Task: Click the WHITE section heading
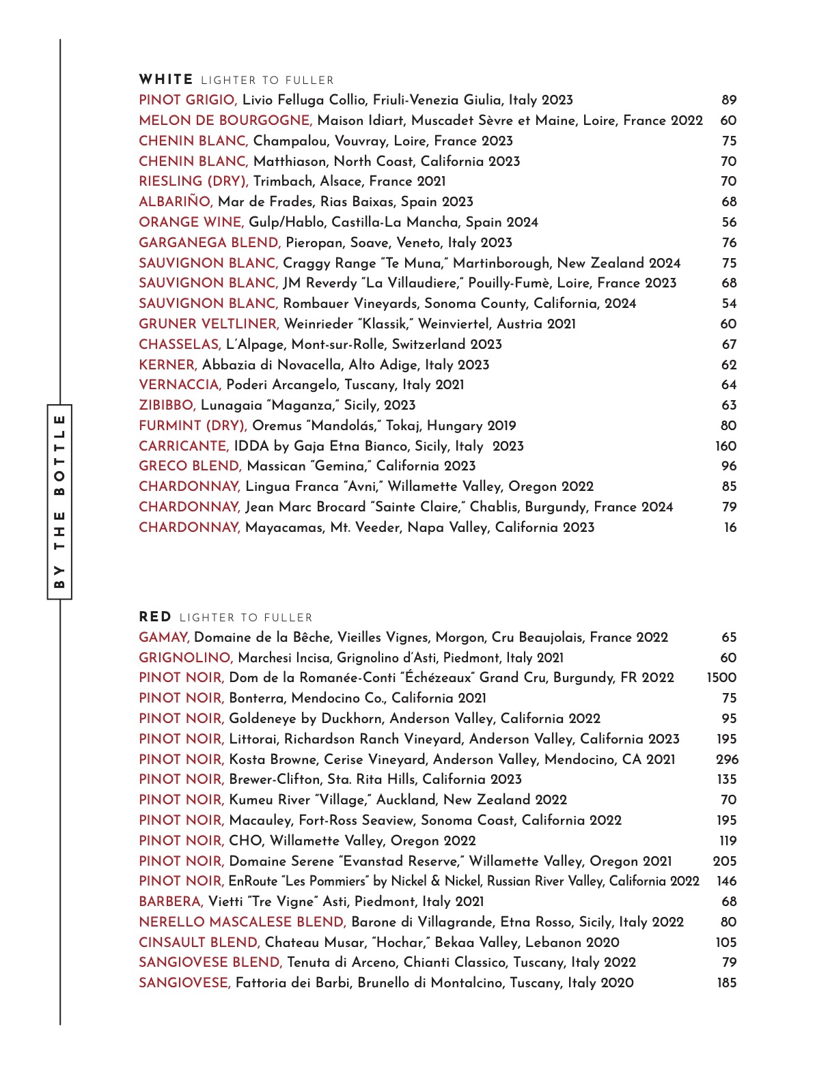(x=166, y=80)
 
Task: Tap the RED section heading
(x=155, y=617)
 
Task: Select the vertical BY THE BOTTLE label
(x=59, y=502)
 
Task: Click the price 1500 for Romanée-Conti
(x=721, y=678)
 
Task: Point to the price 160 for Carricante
(x=725, y=447)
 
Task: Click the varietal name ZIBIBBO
(x=167, y=406)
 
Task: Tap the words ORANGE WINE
(x=191, y=223)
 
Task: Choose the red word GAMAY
(x=164, y=638)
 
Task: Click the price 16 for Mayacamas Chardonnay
(x=730, y=528)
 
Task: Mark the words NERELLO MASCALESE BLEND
(x=243, y=922)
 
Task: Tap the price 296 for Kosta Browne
(x=727, y=759)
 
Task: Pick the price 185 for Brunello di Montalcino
(x=727, y=983)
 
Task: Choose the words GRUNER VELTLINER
(x=209, y=324)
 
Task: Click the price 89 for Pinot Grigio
(x=729, y=100)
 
